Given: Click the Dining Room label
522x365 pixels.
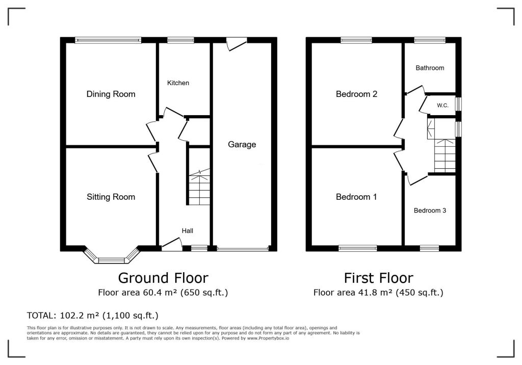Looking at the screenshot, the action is coord(111,94).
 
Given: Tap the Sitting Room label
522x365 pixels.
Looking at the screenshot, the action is coord(111,197).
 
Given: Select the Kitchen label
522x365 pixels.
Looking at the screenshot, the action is coord(178,83).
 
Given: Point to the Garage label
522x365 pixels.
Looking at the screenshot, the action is coord(242,145).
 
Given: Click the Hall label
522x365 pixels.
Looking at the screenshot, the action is coord(188,231).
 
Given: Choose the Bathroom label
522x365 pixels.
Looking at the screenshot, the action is coord(430,68).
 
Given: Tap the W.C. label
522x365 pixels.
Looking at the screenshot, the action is coord(443,106).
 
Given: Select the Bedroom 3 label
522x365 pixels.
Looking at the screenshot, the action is coord(430,211).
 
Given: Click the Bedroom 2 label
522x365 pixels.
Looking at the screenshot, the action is coord(356,94).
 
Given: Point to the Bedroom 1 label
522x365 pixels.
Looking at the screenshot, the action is coord(356,197).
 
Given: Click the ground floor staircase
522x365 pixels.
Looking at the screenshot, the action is coord(199,187).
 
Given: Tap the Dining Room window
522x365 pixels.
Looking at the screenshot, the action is coord(108,40).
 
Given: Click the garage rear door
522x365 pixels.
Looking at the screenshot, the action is coord(237,44).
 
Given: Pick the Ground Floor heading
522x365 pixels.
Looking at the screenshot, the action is coord(163,278).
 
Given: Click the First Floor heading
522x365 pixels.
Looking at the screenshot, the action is coord(379,278).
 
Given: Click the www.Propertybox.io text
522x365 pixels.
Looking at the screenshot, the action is coord(268,338).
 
